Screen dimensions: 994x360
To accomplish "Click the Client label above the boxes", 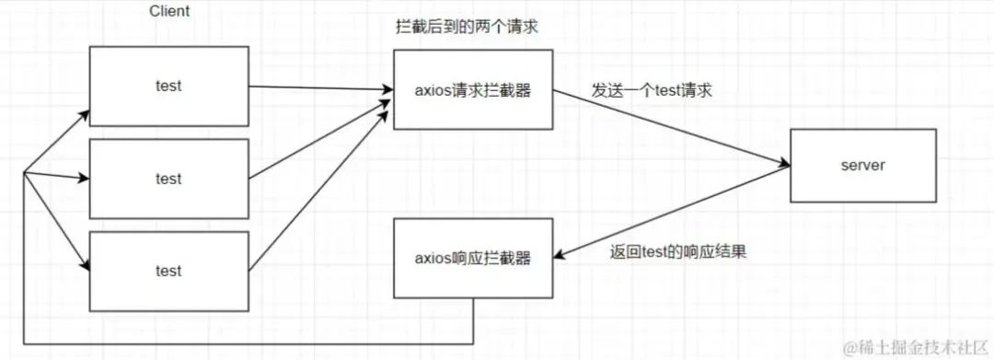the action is coord(169,11).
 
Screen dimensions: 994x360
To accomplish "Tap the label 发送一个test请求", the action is coord(652,90).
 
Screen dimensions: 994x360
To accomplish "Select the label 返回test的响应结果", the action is coord(677,251).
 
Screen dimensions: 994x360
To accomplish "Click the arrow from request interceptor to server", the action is coord(671,128).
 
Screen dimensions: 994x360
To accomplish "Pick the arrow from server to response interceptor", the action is coord(672,213).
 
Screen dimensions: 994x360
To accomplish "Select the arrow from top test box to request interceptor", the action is coord(321,88).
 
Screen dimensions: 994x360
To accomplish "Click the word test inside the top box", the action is coord(168,87).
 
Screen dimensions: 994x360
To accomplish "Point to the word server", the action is coord(862,166).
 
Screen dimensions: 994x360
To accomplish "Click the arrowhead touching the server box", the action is coord(784,166).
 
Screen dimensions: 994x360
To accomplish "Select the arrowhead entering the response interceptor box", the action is coord(560,256).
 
